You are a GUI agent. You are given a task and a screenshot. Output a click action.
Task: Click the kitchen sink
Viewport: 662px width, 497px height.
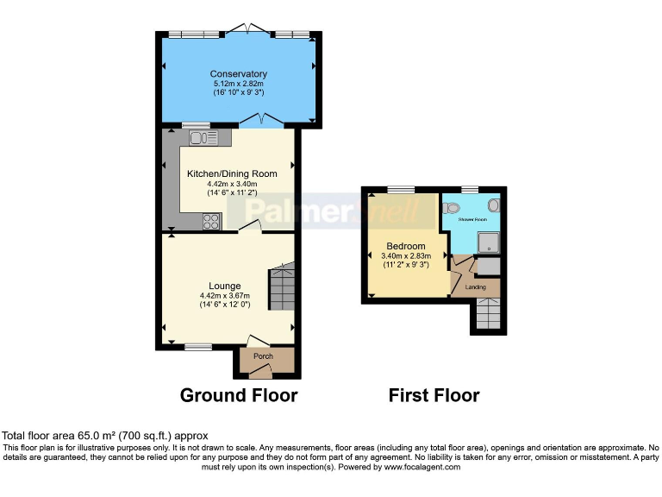(202, 136)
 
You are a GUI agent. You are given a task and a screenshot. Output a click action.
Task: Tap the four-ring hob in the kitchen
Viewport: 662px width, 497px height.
(211, 222)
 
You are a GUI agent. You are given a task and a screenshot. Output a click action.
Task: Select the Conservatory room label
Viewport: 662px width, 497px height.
(238, 73)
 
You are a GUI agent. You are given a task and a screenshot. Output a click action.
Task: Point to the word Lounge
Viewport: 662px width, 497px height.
(224, 286)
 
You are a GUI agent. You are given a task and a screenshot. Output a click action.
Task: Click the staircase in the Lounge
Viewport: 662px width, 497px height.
(281, 287)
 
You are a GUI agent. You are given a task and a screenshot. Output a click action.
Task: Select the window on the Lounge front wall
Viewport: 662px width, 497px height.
(198, 347)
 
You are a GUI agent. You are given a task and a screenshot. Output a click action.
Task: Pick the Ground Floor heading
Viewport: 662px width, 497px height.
(238, 395)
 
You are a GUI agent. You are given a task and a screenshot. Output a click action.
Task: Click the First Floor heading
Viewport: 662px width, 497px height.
(434, 395)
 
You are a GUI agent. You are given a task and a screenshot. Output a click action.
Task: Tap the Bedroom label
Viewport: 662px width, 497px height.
(405, 246)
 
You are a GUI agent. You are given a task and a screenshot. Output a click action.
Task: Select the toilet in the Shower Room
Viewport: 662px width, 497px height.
(451, 208)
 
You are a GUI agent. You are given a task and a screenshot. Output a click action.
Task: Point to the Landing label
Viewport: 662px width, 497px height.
(475, 286)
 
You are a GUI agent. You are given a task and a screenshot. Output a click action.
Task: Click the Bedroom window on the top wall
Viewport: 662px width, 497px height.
(399, 189)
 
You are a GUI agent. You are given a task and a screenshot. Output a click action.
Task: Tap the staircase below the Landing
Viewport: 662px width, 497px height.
(487, 315)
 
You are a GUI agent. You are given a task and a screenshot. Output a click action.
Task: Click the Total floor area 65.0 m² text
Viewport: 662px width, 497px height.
(104, 437)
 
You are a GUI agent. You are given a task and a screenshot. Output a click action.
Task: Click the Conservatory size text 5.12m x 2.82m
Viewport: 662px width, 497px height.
(238, 83)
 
